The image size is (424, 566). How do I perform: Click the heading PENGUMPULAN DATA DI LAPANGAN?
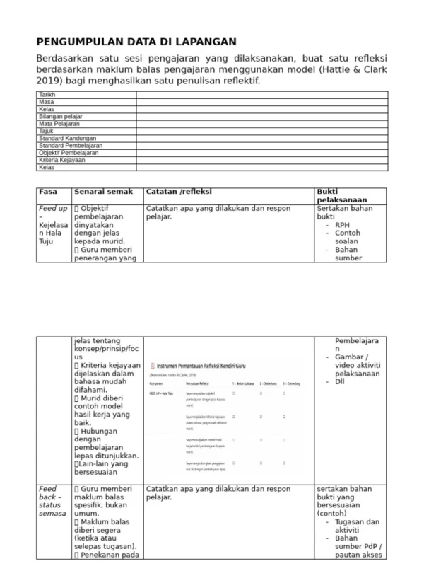pyautogui.click(x=136, y=42)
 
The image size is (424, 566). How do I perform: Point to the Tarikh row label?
pyautogui.click(x=47, y=94)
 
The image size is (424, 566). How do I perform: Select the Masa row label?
pyautogui.click(x=46, y=102)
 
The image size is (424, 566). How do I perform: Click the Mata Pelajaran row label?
pyautogui.click(x=59, y=123)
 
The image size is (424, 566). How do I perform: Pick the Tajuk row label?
pyautogui.click(x=46, y=131)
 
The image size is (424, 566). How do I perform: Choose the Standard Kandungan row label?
pyautogui.click(x=67, y=138)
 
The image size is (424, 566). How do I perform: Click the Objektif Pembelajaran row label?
pyautogui.click(x=69, y=152)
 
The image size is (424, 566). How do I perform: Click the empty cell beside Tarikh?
pyautogui.click(x=261, y=94)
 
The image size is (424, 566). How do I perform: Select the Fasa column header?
pyautogui.click(x=48, y=192)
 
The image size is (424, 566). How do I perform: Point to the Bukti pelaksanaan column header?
pyautogui.click(x=341, y=196)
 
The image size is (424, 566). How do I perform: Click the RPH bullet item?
pyautogui.click(x=343, y=225)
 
